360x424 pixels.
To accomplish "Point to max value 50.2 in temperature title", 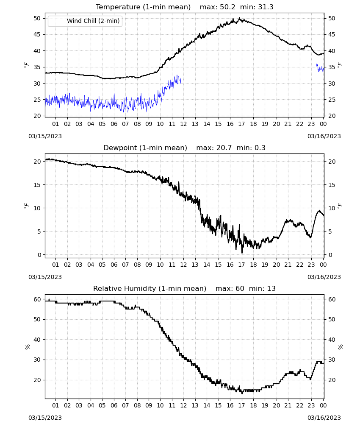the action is [228, 7].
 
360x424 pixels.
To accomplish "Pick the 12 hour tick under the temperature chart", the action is [183, 124].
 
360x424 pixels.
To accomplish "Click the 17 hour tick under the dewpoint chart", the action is [241, 265].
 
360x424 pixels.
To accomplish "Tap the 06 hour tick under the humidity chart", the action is [114, 405].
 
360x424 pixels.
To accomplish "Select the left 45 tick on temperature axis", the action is [37, 35].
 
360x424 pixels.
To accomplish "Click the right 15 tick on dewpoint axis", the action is [332, 185].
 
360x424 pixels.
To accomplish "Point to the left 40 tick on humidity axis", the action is [37, 340].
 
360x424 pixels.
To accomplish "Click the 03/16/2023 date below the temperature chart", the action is [324, 136].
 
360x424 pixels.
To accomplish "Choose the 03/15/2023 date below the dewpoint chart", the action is [45, 277].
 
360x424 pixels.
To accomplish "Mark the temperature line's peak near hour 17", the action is [240, 18].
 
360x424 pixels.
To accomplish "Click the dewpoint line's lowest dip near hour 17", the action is [242, 253].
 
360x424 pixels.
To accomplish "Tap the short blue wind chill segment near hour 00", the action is [320, 68].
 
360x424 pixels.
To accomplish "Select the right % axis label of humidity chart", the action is [340, 347].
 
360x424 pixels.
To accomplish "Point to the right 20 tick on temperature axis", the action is [332, 116].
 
